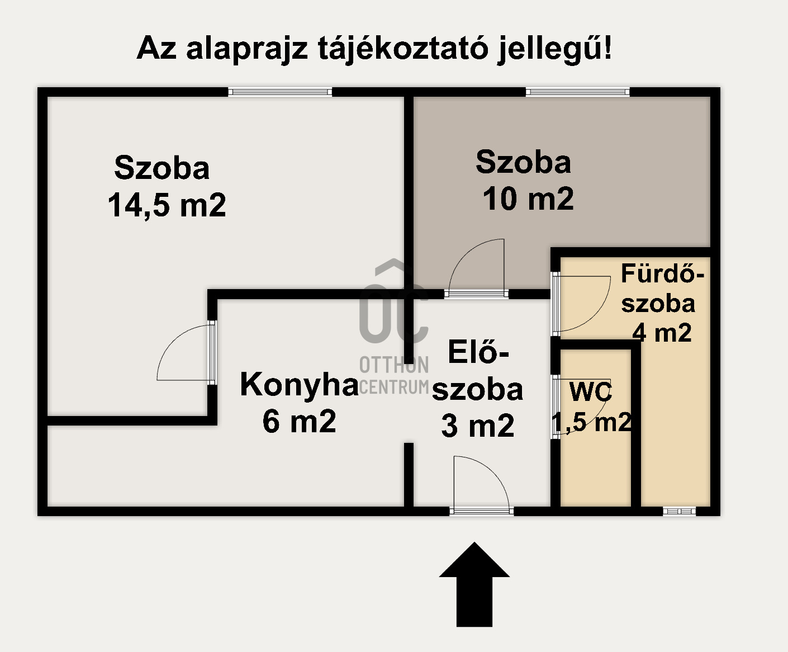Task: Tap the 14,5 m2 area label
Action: point(167,205)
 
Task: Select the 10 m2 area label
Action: point(528,199)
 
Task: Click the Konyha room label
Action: point(299,385)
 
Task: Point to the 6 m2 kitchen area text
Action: point(300,421)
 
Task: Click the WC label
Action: point(591,392)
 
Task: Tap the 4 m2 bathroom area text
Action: point(662,333)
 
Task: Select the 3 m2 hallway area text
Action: point(478,426)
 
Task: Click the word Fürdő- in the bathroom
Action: point(663,274)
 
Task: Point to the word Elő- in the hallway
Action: point(479,352)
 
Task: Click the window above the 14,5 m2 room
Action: point(280,92)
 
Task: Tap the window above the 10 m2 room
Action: point(578,92)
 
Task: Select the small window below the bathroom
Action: point(680,511)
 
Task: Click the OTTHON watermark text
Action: point(394,365)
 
